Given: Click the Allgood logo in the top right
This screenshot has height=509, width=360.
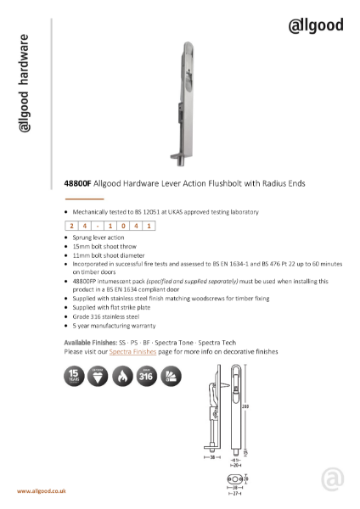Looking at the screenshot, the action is click(316, 25).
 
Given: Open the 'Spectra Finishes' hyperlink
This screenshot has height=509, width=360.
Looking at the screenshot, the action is click(133, 350).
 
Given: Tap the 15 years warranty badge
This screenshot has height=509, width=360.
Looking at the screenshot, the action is click(74, 376).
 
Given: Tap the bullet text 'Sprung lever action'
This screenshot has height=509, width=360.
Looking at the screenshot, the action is click(98, 238).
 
